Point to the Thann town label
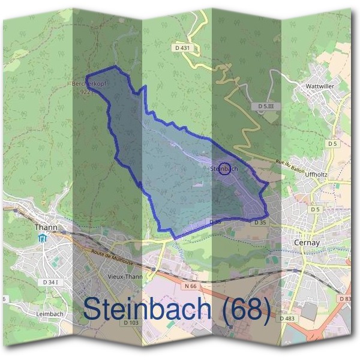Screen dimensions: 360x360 pos(45,227)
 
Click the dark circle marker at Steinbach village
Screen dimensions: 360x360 pos(225,169)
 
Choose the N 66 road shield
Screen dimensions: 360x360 pos(190,286)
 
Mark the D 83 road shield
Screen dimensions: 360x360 pos(345,298)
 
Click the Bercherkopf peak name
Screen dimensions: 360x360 pos(88,85)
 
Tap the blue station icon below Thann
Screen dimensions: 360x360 pos(41,239)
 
